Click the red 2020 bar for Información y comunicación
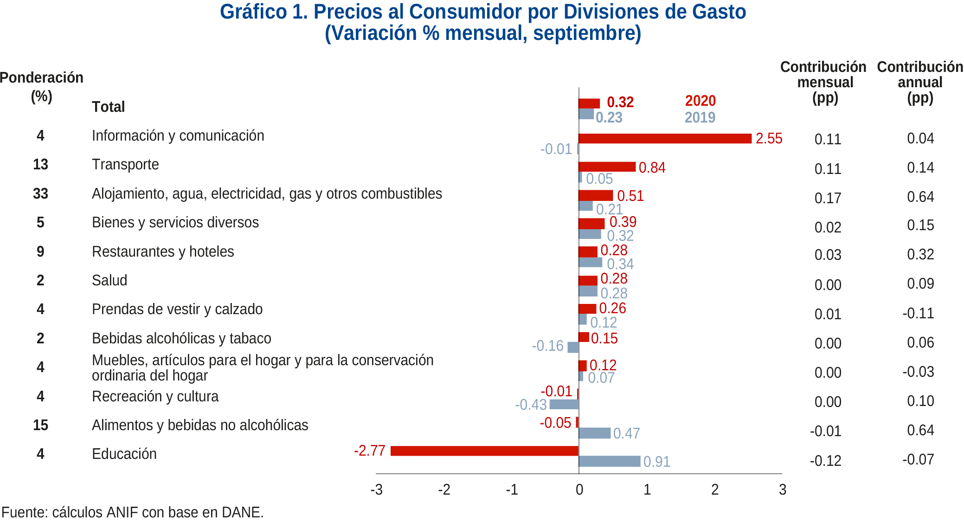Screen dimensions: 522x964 [664, 138]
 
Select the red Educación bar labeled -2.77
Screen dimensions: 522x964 [484, 451]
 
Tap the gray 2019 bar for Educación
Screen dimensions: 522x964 [609, 461]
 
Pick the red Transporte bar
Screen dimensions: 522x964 [607, 167]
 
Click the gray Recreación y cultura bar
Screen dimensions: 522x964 [564, 404]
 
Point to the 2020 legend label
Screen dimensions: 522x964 [700, 101]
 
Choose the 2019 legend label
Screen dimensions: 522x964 [700, 117]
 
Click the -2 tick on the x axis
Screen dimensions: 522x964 [444, 490]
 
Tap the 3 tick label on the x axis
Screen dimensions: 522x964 [782, 490]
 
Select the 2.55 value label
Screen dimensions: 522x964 [769, 138]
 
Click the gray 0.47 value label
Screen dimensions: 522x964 [626, 433]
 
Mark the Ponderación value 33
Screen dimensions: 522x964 [40, 193]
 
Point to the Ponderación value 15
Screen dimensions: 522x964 [40, 425]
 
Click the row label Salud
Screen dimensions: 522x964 [109, 280]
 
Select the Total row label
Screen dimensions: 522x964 [108, 107]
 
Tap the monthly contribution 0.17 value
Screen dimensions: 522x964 [828, 198]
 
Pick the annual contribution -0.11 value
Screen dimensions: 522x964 [918, 313]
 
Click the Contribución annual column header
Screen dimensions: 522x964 [920, 82]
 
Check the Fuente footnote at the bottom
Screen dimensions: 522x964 [133, 512]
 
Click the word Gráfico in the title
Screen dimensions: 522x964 [253, 12]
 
